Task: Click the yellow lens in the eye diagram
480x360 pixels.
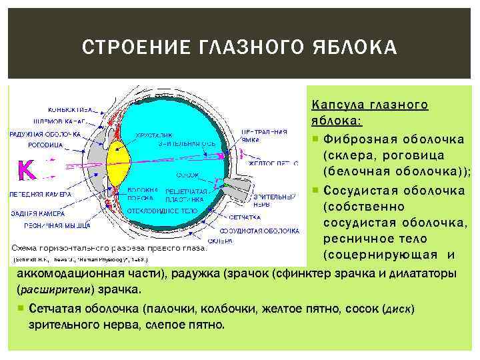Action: click(x=118, y=167)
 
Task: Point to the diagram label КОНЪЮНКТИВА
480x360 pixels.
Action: click(x=70, y=109)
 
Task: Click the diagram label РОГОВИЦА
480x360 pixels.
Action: click(x=46, y=144)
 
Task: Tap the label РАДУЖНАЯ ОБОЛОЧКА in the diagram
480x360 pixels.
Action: click(x=45, y=134)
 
